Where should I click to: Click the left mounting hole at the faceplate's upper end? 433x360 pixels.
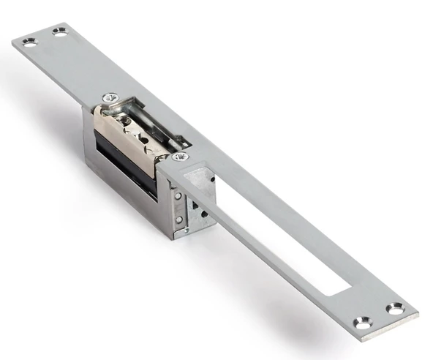pos(29,42)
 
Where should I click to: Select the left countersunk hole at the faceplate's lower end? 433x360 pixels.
pos(362,321)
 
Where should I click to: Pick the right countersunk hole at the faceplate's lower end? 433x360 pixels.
pos(395,309)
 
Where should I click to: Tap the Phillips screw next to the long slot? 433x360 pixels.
pos(180,156)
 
